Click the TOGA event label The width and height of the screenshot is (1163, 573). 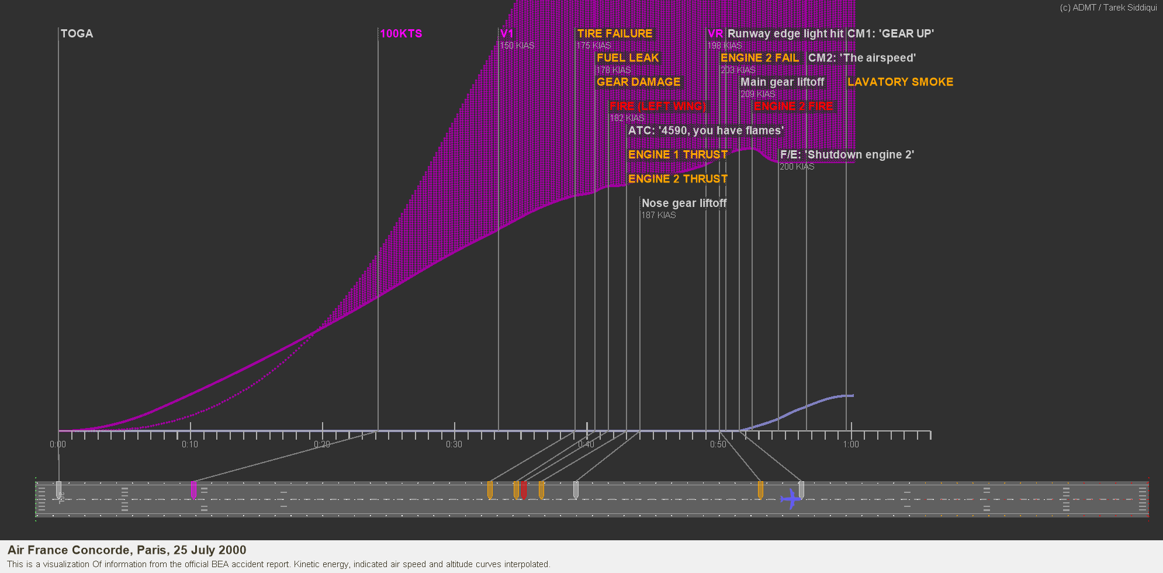[x=77, y=33]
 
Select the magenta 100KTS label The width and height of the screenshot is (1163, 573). [x=401, y=33]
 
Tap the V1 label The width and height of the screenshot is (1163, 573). [x=507, y=33]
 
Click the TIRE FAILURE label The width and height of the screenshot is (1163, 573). [x=615, y=33]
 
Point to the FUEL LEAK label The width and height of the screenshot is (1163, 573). [x=628, y=58]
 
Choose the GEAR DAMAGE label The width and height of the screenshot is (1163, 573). [x=639, y=82]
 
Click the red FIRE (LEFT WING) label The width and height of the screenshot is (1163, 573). [x=658, y=106]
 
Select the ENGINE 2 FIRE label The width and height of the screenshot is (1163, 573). [x=793, y=106]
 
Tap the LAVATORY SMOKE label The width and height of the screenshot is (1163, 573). [x=900, y=82]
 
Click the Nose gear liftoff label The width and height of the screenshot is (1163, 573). [x=684, y=203]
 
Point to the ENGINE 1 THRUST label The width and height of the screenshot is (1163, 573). [x=678, y=154]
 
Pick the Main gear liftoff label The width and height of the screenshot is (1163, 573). [x=782, y=82]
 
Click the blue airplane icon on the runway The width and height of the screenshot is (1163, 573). [x=791, y=499]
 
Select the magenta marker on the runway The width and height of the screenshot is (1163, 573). [x=193, y=490]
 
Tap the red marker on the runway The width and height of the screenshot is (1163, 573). [x=524, y=489]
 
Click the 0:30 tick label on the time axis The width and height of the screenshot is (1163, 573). [x=454, y=444]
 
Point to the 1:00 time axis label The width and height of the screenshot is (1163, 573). [x=851, y=444]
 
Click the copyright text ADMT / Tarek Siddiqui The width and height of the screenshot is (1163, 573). [x=1108, y=8]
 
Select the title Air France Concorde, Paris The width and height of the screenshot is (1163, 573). [x=127, y=550]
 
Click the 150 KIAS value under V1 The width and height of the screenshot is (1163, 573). [x=517, y=46]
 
